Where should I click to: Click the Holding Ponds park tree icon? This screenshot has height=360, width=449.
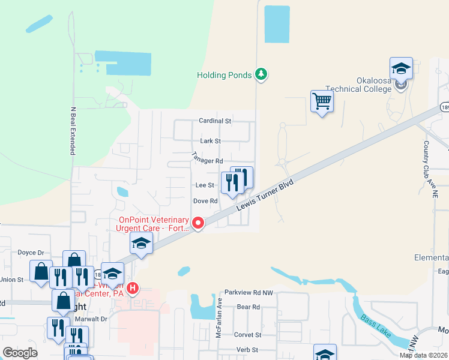pos(261,74)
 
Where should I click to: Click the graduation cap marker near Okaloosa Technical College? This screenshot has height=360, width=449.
pos(401,68)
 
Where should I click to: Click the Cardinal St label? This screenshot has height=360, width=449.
pos(215,121)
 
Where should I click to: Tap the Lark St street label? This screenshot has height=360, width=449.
pos(211,141)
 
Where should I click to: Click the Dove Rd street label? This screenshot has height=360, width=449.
pos(205,201)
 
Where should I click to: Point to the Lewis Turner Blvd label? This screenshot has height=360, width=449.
pos(267,192)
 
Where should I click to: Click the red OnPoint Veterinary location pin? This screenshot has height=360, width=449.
pos(198,223)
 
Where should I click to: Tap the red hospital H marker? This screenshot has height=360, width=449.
pos(133,289)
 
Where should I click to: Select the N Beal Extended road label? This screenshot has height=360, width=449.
pos(73,131)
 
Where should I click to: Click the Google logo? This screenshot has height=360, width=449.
pos(20,353)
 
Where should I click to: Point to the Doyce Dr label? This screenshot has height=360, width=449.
pos(32,253)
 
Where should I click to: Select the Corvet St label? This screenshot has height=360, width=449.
pos(248,335)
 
